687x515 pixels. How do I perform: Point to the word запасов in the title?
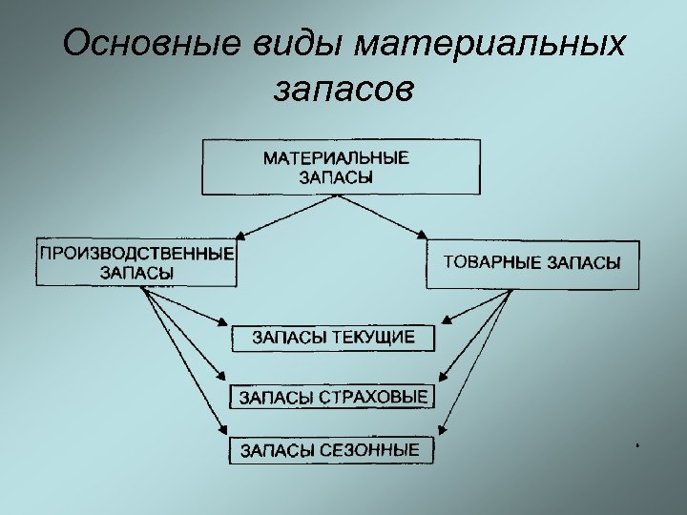coord(343,90)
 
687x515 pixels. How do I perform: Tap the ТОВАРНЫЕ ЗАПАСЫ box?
coord(532,263)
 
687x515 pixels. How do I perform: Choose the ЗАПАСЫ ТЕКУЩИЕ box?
coord(332,338)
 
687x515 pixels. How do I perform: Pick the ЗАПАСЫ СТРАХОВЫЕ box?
coord(332,396)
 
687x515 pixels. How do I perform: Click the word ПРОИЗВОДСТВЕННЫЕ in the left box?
coord(135,255)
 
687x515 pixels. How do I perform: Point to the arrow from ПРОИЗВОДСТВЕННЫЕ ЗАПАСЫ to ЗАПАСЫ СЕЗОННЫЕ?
coord(186,362)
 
